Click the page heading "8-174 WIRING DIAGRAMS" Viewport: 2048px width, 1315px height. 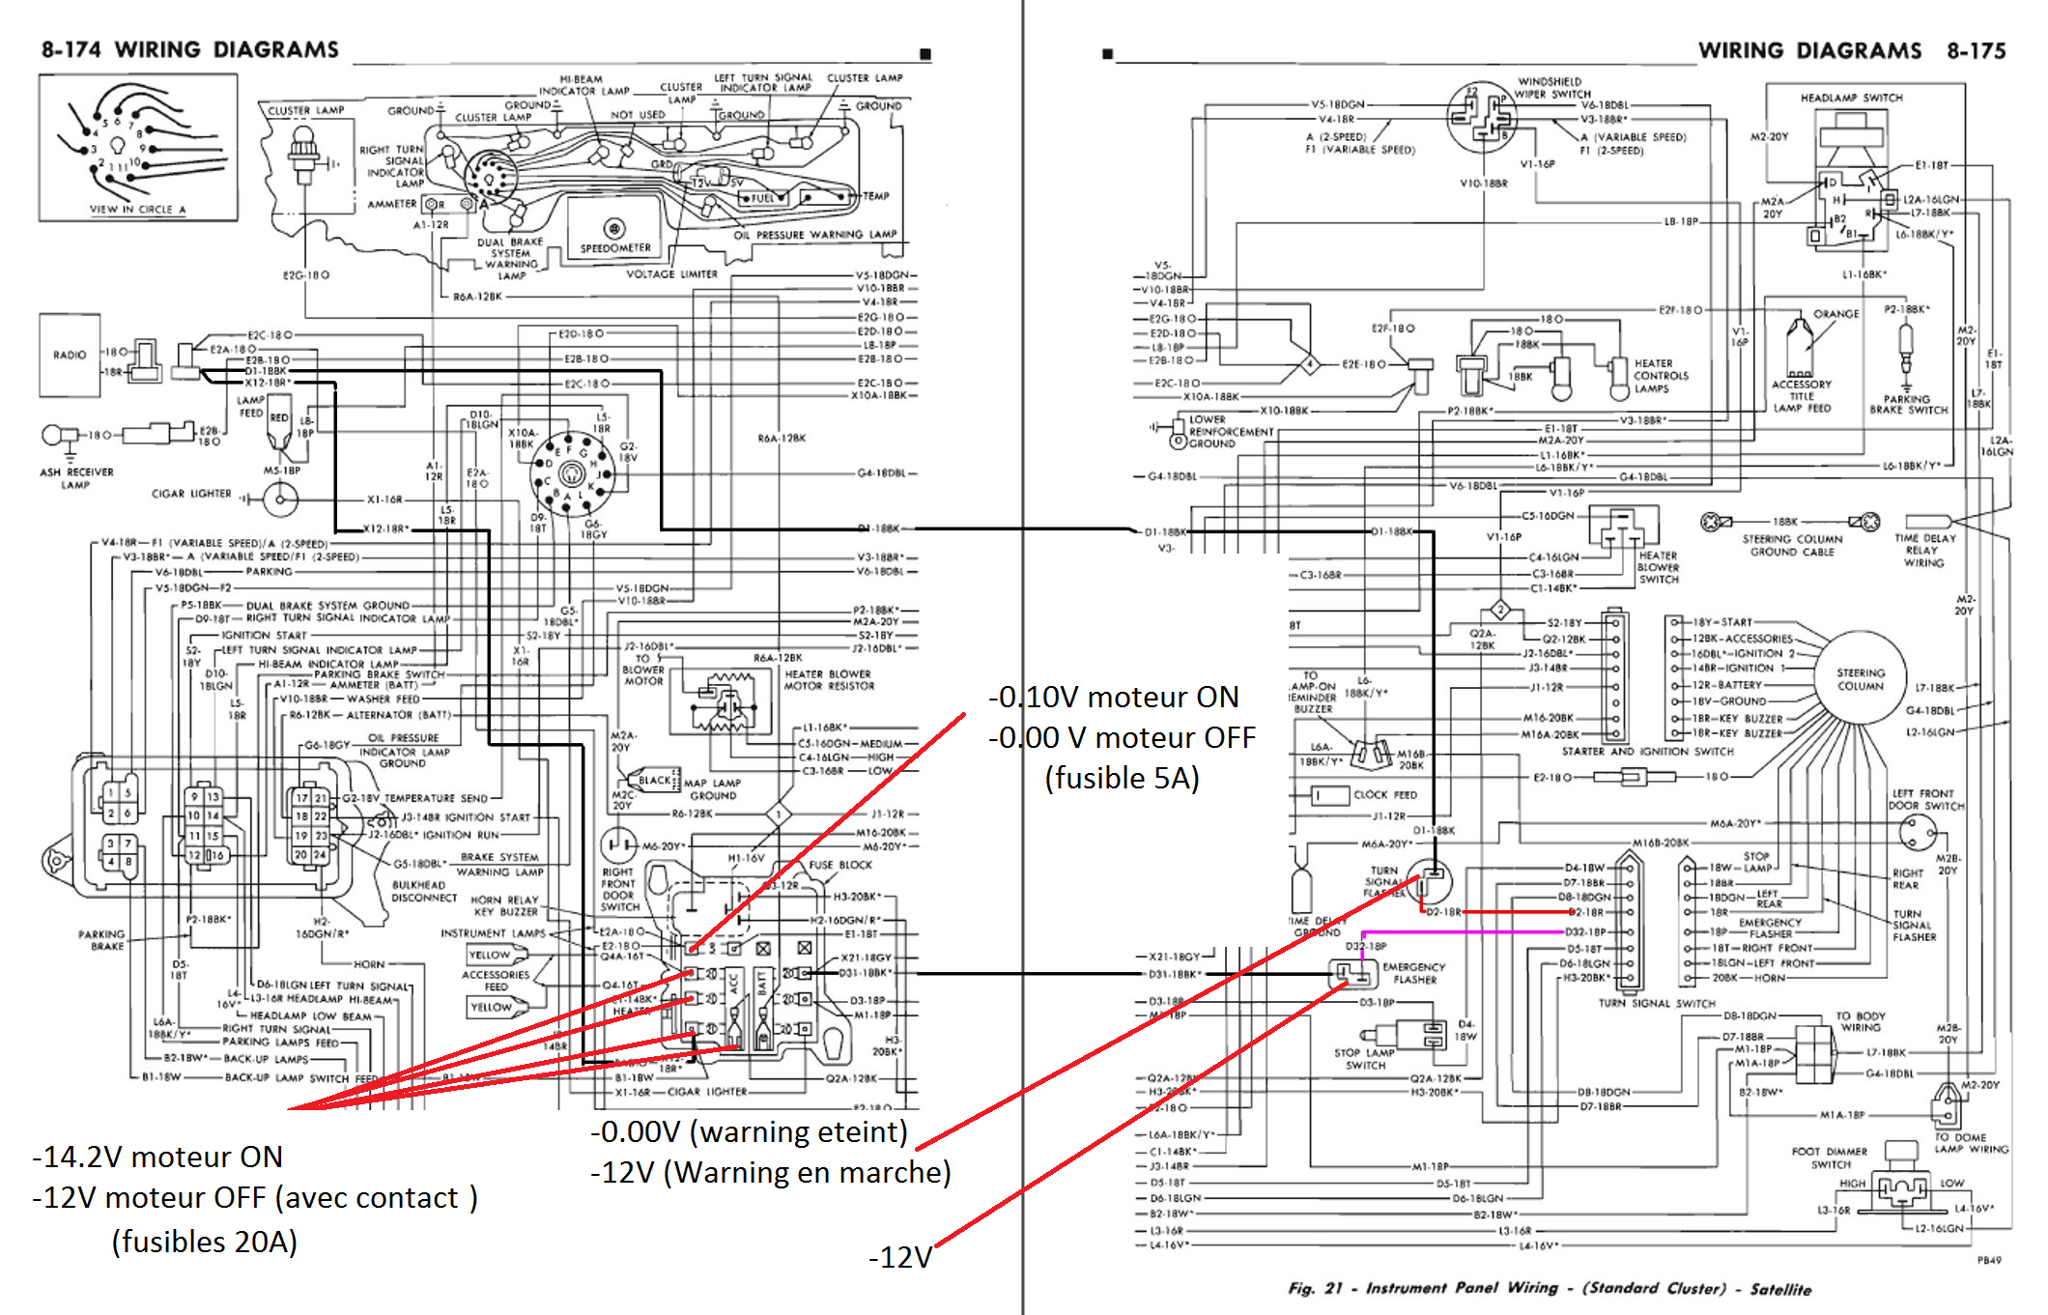[189, 49]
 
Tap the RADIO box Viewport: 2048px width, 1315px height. [70, 355]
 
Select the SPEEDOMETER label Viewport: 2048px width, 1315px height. [615, 248]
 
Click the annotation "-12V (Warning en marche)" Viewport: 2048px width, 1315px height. [771, 1172]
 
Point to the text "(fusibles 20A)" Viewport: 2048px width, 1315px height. [204, 1241]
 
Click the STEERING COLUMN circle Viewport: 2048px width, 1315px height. [1860, 679]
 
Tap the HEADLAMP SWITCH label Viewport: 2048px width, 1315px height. [1851, 98]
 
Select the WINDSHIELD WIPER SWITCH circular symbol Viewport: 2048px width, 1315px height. [1481, 117]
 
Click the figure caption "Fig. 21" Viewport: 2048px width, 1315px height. [1315, 1288]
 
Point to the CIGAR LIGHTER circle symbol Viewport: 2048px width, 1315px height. [280, 499]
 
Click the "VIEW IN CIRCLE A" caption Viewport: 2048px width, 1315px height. [137, 209]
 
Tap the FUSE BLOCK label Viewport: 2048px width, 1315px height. [840, 865]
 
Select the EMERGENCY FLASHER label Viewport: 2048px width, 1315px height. [1414, 973]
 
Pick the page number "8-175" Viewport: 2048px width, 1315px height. [1976, 50]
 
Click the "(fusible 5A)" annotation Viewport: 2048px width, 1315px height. [1122, 778]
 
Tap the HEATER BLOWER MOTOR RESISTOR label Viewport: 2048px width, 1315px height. [829, 680]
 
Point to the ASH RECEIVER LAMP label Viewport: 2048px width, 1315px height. [76, 478]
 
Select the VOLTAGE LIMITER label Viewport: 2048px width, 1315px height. [671, 274]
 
